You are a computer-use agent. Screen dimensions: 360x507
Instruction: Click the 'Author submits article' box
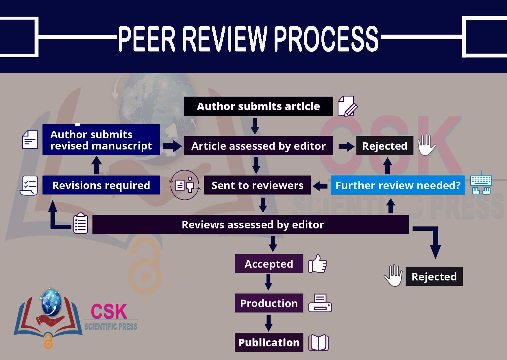pyautogui.click(x=258, y=106)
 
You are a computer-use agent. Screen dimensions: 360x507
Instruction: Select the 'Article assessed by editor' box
pyautogui.click(x=258, y=146)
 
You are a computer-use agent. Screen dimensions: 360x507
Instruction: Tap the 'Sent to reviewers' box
pyautogui.click(x=257, y=185)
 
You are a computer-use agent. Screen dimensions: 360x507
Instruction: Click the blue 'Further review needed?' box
pyautogui.click(x=398, y=185)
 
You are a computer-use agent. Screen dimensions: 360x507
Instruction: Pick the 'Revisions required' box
pyautogui.click(x=101, y=185)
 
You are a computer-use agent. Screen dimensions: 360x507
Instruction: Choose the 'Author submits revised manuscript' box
pyautogui.click(x=101, y=140)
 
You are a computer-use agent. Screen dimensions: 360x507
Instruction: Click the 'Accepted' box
pyautogui.click(x=269, y=264)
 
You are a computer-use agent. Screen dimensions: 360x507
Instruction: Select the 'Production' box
pyautogui.click(x=269, y=303)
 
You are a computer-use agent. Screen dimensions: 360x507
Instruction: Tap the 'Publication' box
pyautogui.click(x=269, y=342)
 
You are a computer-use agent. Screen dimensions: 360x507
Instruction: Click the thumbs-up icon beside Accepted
pyautogui.click(x=317, y=264)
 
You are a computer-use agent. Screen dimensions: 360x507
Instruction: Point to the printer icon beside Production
pyautogui.click(x=320, y=303)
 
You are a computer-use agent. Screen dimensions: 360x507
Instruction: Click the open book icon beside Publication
pyautogui.click(x=318, y=343)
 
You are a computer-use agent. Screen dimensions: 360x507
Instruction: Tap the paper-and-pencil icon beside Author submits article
pyautogui.click(x=347, y=106)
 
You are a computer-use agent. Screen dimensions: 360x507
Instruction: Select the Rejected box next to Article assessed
pyautogui.click(x=384, y=146)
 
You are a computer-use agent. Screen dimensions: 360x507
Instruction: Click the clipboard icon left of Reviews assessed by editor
pyautogui.click(x=81, y=223)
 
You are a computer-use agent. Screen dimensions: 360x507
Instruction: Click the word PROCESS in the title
pyautogui.click(x=326, y=39)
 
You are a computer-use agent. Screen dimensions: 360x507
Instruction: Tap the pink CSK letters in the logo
pyautogui.click(x=109, y=311)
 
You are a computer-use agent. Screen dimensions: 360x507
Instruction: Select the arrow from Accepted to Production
pyautogui.click(x=269, y=283)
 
